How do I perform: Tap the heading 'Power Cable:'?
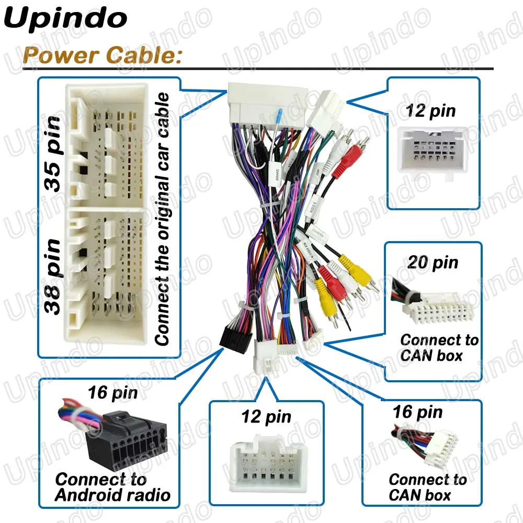[102, 54]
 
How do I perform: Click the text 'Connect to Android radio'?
[113, 486]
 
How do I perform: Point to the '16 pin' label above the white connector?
[417, 412]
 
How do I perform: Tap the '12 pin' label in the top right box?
[431, 110]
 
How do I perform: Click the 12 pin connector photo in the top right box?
[431, 149]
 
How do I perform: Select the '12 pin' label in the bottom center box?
[266, 417]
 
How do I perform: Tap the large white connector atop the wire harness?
[267, 105]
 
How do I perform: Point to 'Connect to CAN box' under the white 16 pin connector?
[427, 487]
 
